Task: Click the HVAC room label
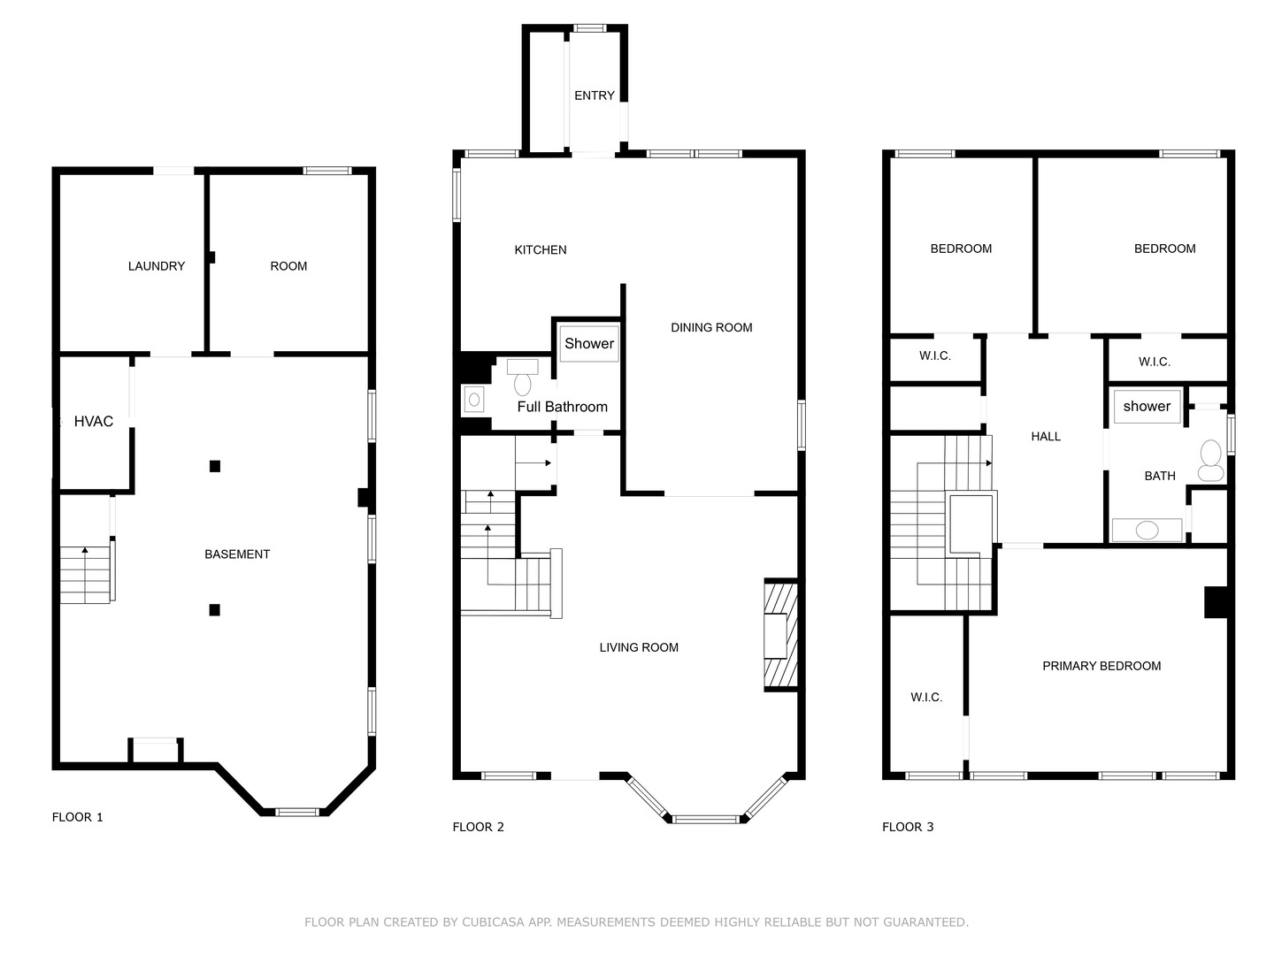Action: [x=94, y=422]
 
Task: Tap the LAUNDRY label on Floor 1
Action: [x=156, y=266]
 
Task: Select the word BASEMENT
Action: [x=237, y=554]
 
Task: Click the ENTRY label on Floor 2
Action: [x=594, y=95]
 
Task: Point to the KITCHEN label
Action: [x=540, y=250]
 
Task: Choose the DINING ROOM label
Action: [x=711, y=327]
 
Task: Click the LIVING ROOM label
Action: [x=639, y=647]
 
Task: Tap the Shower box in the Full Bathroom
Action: [x=589, y=343]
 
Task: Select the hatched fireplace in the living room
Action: [x=780, y=635]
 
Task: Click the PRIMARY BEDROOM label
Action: [x=1101, y=666]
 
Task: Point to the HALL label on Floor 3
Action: [x=1046, y=437]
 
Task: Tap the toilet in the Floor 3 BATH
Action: [x=1210, y=461]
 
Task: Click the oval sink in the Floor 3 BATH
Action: [x=1147, y=530]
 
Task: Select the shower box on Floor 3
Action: [x=1147, y=407]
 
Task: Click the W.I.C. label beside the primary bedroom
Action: [x=925, y=698]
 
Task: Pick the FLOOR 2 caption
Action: [x=479, y=828]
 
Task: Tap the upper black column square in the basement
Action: [x=215, y=466]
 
